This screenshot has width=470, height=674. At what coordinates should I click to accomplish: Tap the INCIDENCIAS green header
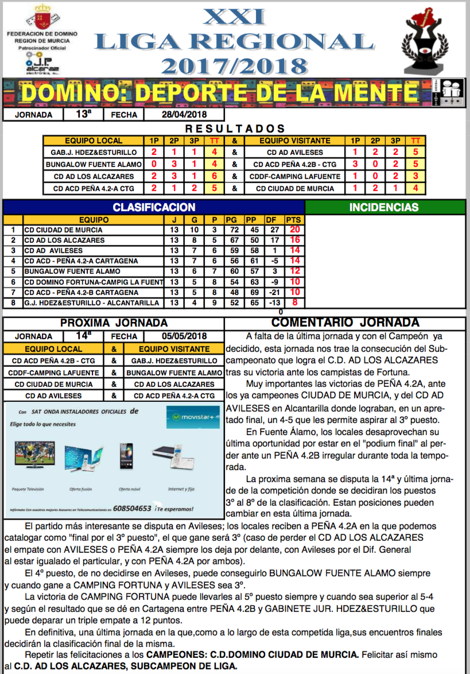[384, 207]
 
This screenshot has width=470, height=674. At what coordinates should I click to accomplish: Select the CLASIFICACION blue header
[154, 207]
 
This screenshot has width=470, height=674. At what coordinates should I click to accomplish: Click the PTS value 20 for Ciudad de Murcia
[294, 230]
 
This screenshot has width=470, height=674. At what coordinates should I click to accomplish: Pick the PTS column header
[294, 219]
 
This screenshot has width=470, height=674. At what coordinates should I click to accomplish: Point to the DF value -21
[274, 292]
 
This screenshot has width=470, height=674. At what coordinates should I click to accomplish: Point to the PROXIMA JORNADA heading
[114, 323]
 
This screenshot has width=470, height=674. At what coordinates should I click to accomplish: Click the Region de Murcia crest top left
[41, 16]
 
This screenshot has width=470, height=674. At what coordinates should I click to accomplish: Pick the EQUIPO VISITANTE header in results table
[295, 141]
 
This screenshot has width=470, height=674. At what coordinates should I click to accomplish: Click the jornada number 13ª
[83, 115]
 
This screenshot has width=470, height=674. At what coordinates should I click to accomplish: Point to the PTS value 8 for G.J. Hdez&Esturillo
[294, 303]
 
